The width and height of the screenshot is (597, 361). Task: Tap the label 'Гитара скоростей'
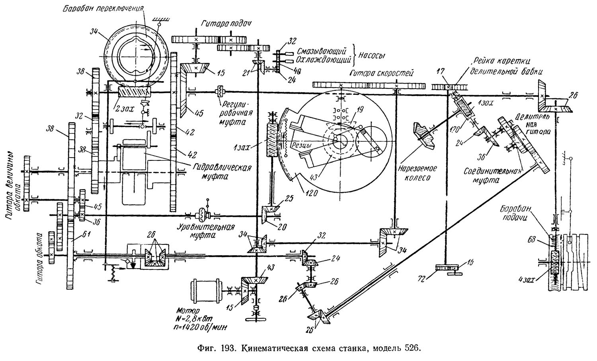click(381, 73)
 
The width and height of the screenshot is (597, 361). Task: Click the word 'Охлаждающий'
click(323, 60)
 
